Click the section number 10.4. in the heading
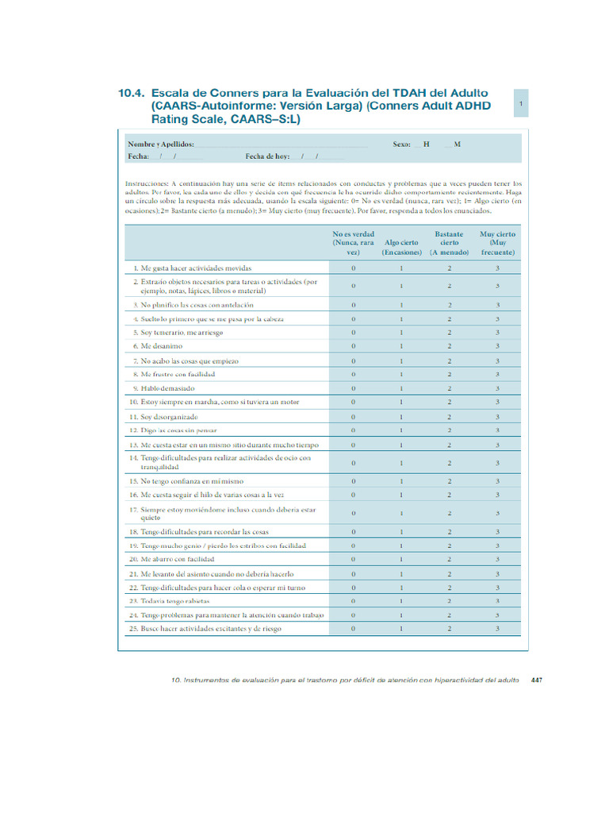coord(132,94)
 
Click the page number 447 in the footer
coord(537,680)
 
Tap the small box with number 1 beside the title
coord(520,104)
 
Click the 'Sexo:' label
coord(401,144)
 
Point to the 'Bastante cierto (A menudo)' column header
coord(449,243)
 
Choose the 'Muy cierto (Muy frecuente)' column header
coord(497,243)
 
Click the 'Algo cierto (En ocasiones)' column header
coord(401,247)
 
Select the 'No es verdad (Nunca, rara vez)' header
coord(353,243)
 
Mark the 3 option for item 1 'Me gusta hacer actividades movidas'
coord(497,268)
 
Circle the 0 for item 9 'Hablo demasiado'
coord(353,388)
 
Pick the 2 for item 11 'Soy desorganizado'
coord(449,416)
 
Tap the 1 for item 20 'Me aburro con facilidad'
coord(401,559)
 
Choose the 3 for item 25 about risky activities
coord(497,629)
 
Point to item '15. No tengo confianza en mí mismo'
coord(193,481)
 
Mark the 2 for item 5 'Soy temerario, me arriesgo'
coord(449,333)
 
